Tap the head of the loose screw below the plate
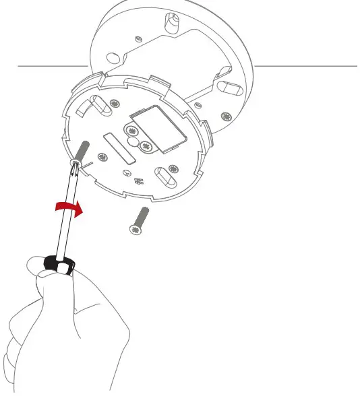134,230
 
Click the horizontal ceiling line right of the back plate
307,66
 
